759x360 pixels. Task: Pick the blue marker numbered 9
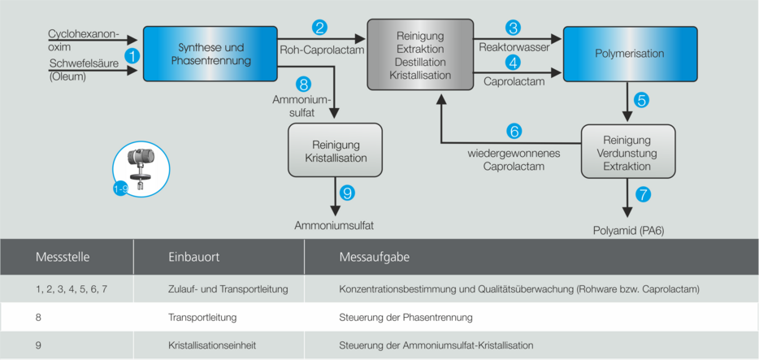[347, 193]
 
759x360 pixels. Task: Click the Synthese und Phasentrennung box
[210, 54]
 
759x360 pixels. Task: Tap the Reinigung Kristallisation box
[335, 150]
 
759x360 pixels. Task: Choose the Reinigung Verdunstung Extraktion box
[627, 151]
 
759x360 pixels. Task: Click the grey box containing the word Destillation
[420, 55]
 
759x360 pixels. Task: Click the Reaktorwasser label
[514, 48]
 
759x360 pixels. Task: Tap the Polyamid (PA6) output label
[628, 231]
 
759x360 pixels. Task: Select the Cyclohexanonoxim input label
[83, 40]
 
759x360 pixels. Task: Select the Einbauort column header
[193, 258]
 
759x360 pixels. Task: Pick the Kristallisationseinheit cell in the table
[209, 345]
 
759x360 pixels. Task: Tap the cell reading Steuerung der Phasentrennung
[405, 317]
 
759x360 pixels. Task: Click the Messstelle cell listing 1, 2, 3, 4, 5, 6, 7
[72, 288]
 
